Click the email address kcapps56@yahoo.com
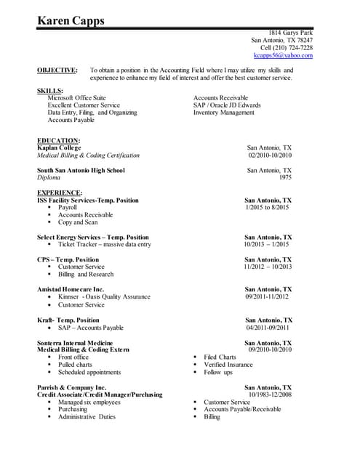click(x=283, y=55)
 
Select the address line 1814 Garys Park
click(x=291, y=33)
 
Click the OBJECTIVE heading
click(x=57, y=70)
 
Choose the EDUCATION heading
click(x=58, y=140)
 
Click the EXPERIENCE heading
click(x=60, y=193)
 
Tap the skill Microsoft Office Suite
click(x=76, y=97)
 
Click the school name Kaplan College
click(x=59, y=147)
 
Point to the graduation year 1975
click(x=285, y=177)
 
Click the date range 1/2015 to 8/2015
click(x=268, y=208)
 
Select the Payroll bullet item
click(x=68, y=208)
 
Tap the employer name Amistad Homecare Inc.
click(x=71, y=289)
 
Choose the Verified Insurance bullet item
click(x=228, y=365)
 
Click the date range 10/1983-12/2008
click(x=270, y=395)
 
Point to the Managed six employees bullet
click(x=89, y=403)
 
